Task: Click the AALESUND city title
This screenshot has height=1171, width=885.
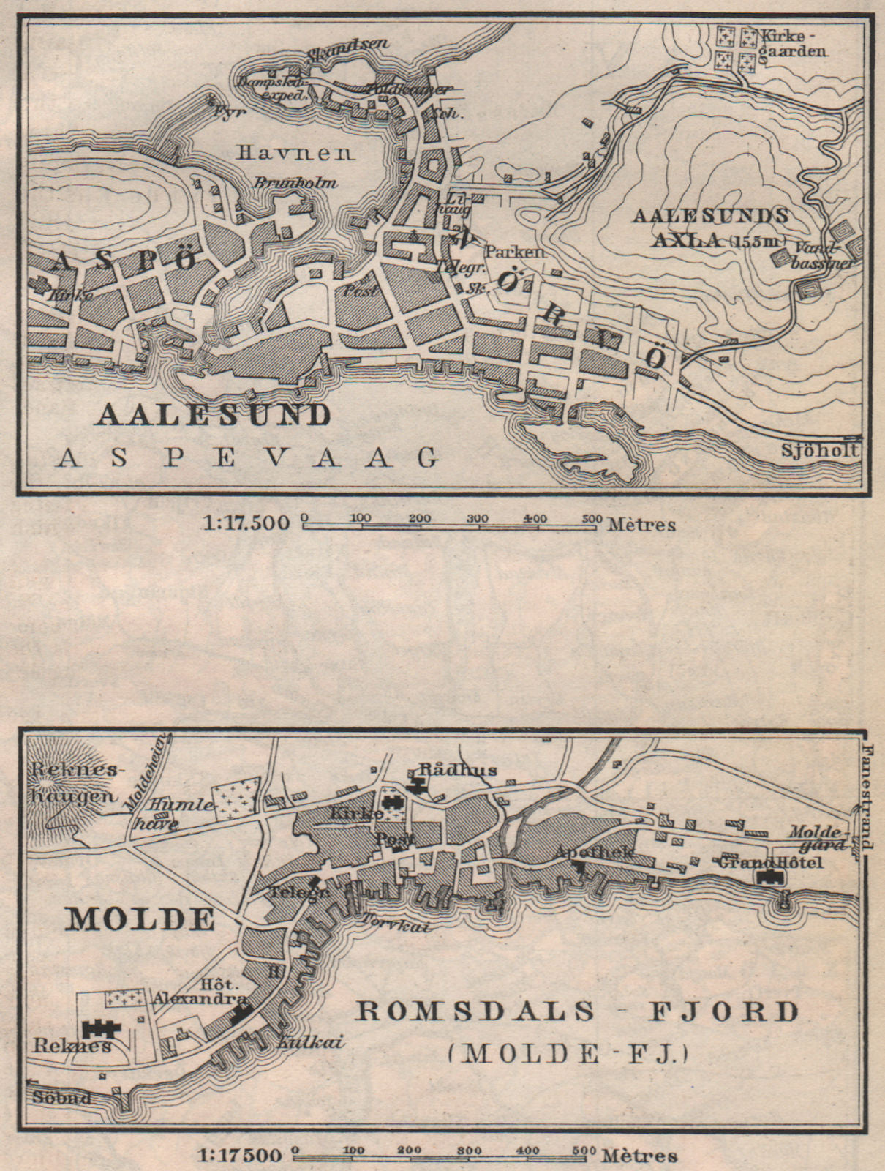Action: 213,415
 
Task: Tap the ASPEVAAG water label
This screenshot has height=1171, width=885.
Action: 248,457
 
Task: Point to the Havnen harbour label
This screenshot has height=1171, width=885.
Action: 295,153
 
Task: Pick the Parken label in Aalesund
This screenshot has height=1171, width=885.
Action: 516,251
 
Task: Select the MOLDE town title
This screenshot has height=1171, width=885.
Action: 140,919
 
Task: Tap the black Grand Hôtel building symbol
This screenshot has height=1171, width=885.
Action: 768,879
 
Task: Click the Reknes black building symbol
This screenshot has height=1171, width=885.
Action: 101,1028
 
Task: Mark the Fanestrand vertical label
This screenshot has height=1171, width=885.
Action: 868,797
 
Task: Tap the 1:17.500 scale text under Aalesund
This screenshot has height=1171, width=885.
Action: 245,523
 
